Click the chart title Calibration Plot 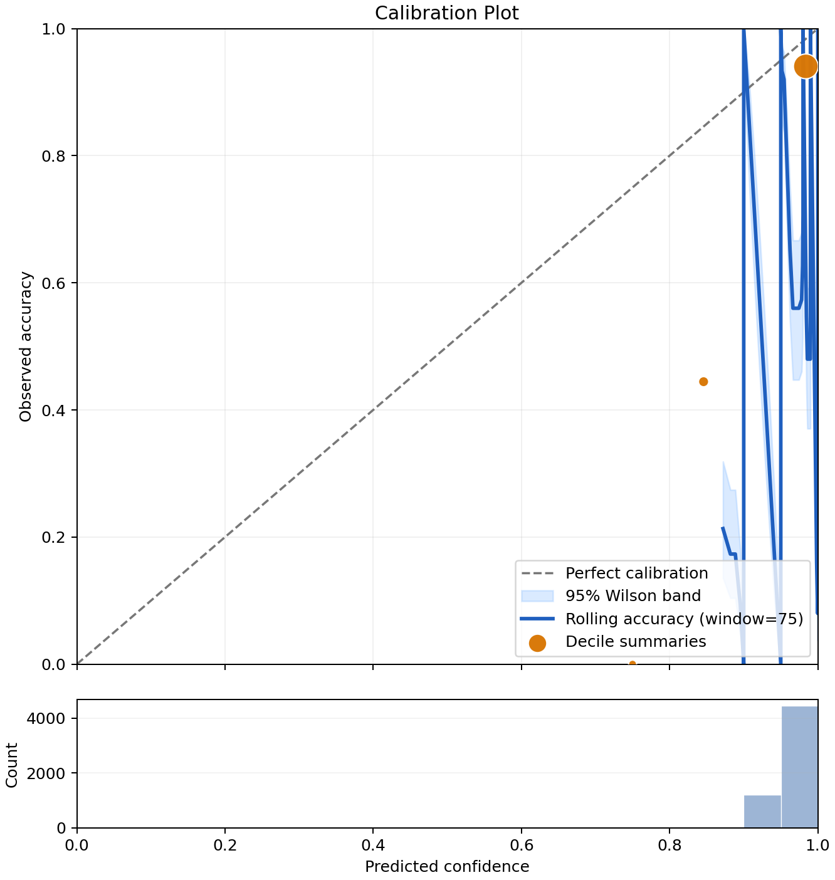[x=446, y=13]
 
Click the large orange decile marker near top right [x=805, y=66]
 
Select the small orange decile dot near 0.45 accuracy [x=703, y=381]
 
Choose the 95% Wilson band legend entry [x=611, y=596]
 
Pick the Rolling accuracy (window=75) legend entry [x=661, y=619]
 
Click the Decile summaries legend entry [x=617, y=641]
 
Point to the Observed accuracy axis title [x=26, y=346]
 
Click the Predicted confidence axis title [x=446, y=866]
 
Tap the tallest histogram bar [x=799, y=767]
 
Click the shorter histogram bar [x=762, y=811]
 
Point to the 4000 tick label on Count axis [x=46, y=718]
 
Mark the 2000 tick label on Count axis [x=46, y=773]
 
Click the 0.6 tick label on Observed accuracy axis [x=53, y=283]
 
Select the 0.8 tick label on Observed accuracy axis [x=53, y=156]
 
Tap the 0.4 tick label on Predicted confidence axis [x=373, y=845]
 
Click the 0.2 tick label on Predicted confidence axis [x=225, y=845]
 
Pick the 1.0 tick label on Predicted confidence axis [x=817, y=845]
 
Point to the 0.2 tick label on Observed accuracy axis [x=53, y=537]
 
